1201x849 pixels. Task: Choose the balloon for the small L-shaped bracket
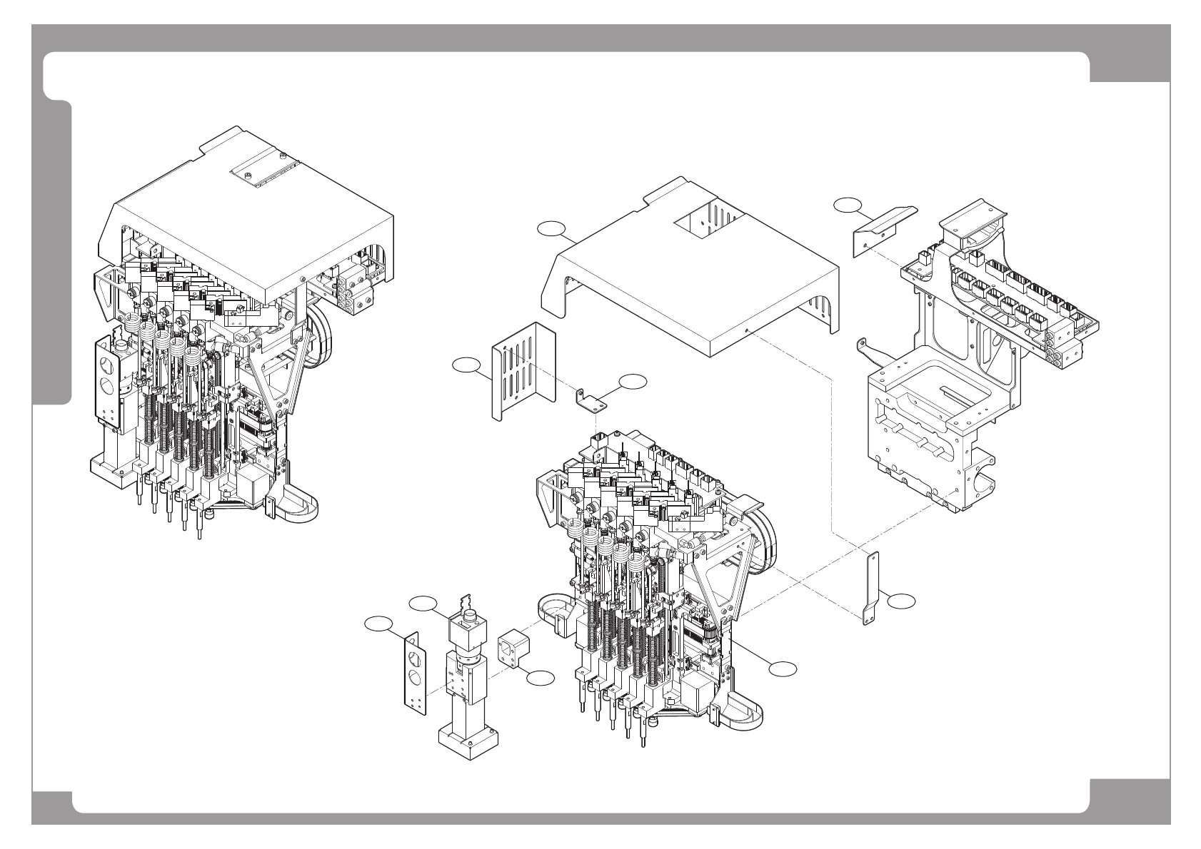[x=632, y=381]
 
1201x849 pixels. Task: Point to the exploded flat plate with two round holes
[x=415, y=673]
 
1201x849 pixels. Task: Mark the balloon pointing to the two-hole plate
[x=378, y=624]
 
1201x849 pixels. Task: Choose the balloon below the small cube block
[x=540, y=678]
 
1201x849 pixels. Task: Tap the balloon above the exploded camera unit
[x=422, y=603]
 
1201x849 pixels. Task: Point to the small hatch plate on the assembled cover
[x=263, y=172]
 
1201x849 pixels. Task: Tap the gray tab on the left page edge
[x=51, y=253]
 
